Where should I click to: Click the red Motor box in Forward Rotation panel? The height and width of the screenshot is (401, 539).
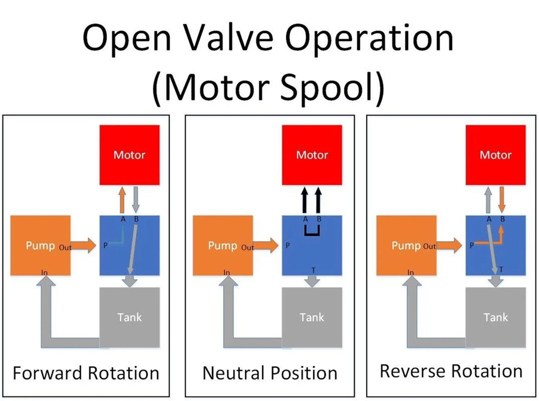point(129,155)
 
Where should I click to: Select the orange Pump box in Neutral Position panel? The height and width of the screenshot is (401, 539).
point(223,245)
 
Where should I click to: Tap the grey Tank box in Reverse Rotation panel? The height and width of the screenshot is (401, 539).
point(496,317)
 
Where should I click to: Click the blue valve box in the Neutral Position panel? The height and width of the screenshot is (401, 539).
point(312,245)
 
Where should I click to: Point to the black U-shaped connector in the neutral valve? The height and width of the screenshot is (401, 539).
point(312,234)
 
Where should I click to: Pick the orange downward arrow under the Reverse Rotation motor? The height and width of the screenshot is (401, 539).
point(502,200)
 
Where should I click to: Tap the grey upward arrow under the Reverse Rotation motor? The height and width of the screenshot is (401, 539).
point(488,200)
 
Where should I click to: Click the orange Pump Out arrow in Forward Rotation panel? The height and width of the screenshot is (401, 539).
point(83,245)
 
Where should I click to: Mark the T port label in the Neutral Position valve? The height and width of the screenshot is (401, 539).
point(313,270)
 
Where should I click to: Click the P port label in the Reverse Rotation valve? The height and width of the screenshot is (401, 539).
point(471,245)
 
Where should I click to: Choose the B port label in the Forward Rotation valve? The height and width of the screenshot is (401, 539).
point(136,219)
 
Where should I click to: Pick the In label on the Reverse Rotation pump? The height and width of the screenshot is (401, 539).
point(410,273)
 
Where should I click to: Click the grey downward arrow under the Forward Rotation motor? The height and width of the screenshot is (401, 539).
point(136,200)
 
